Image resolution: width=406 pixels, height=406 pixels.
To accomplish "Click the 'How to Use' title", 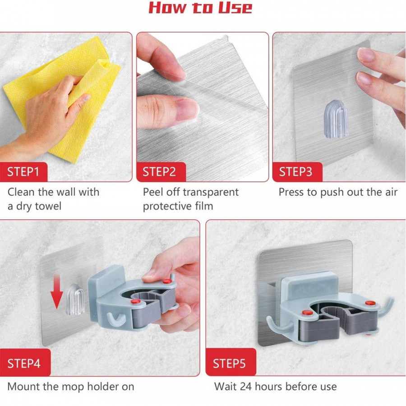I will point(200,8).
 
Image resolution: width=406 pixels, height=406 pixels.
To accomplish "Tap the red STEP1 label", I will point(23,172).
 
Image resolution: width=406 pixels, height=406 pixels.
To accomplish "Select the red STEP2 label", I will point(159,172).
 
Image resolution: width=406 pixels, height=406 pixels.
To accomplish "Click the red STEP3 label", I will point(295,172).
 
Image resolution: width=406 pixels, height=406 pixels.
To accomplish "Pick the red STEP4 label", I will point(23,363).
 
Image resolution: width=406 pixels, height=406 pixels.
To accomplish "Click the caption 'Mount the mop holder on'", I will point(71,387).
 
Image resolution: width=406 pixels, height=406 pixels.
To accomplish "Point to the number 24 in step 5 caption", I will point(246,387).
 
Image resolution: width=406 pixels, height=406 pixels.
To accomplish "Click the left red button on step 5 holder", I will point(307,313).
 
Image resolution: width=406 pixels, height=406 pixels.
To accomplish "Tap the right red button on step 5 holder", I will point(369,303).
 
